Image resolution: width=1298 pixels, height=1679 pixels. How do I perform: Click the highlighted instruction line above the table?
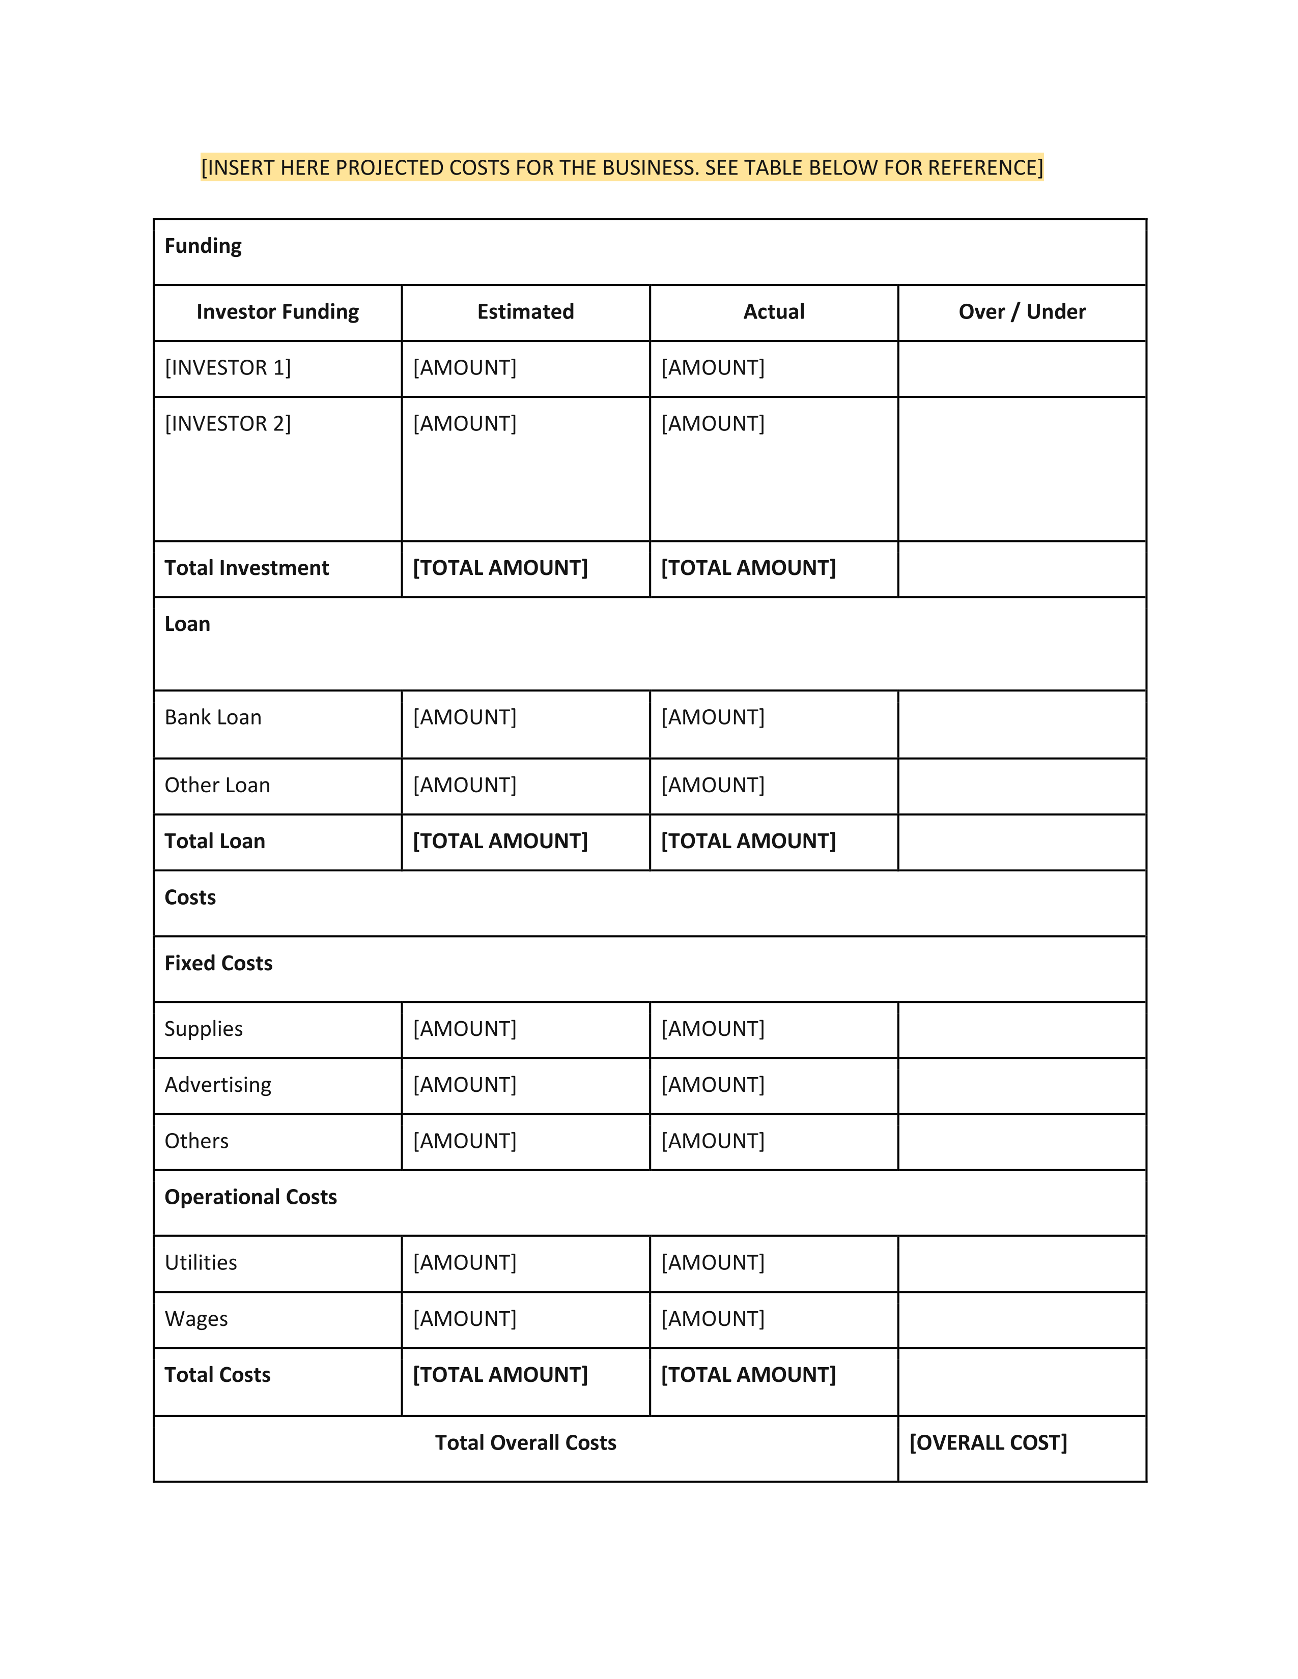pos(622,167)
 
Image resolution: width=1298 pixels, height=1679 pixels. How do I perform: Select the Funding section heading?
pos(203,246)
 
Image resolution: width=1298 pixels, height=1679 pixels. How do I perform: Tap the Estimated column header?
pos(525,312)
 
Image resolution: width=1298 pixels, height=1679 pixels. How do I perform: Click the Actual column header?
pos(774,312)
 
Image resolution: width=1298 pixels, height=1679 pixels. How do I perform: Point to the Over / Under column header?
pos(1022,312)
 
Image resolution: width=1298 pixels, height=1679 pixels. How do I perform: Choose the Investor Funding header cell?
pos(277,312)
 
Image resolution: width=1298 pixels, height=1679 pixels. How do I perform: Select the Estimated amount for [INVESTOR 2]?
pos(464,424)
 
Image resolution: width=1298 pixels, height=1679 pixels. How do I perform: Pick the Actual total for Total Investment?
pos(748,568)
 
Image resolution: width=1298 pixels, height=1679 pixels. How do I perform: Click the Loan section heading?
pos(187,624)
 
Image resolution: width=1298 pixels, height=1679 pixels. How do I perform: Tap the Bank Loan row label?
pos(213,717)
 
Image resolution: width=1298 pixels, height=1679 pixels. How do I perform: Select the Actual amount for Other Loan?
pos(713,786)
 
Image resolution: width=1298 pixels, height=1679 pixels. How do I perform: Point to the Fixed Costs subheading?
pos(218,963)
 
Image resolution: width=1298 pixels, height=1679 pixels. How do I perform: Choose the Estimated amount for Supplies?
pos(464,1029)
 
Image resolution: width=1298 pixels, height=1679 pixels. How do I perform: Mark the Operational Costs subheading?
pos(250,1197)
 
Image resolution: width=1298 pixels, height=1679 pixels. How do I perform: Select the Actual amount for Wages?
pos(713,1319)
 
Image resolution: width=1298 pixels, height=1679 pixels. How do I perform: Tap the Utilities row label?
pos(201,1263)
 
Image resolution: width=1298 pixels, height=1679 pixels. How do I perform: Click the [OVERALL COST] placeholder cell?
pos(988,1443)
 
